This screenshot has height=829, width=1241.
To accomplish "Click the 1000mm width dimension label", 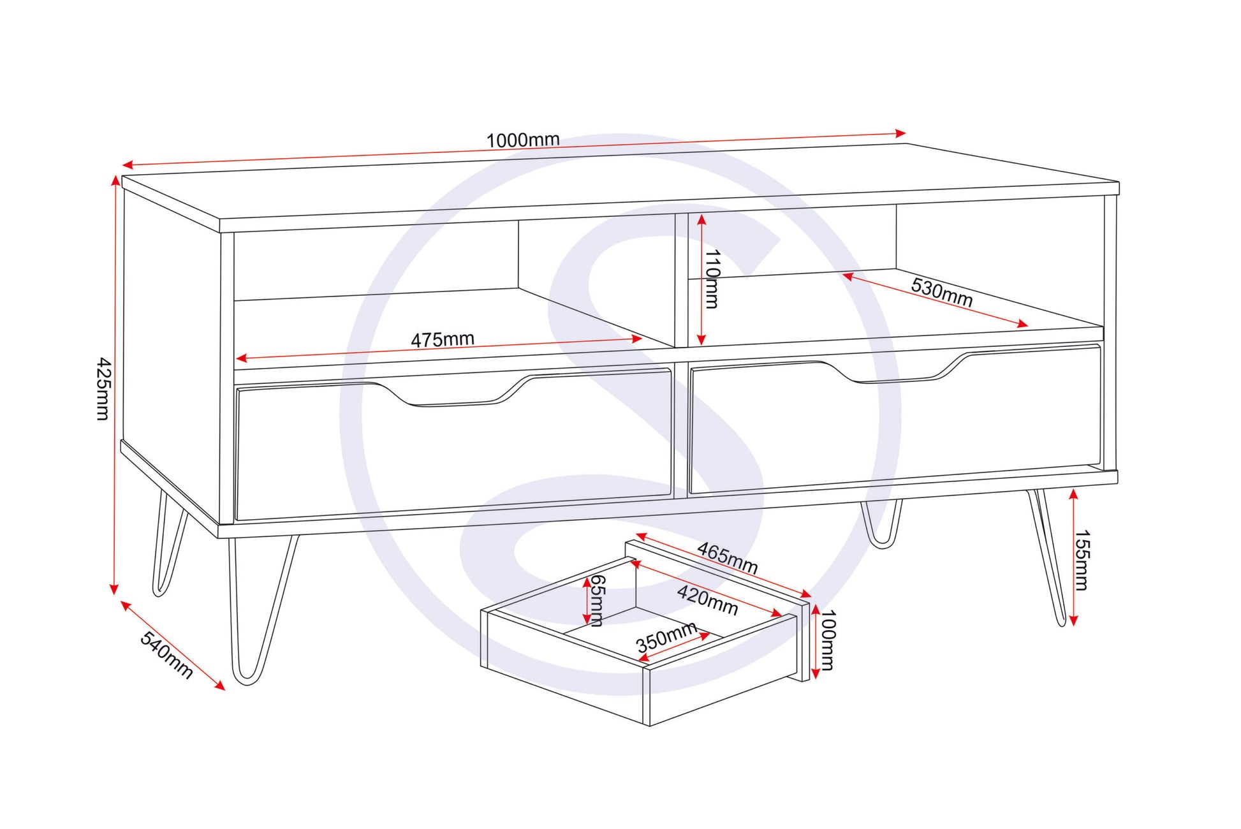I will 523,140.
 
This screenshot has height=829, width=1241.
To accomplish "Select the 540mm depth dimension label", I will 166,655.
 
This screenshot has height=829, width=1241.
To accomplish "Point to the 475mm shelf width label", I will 442,339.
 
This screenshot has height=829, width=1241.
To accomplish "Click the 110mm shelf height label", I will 712,279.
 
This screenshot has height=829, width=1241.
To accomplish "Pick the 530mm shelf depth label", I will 941,293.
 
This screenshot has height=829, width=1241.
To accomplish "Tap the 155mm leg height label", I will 1082,560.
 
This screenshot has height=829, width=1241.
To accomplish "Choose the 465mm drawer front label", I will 727,558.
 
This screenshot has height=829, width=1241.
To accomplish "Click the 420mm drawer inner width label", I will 707,601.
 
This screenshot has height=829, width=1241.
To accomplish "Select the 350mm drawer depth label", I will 666,638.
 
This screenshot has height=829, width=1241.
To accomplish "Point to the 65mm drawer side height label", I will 596,600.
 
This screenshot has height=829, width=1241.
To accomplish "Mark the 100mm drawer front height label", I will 827,640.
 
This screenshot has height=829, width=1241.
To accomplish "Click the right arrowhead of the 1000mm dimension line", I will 900,133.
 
